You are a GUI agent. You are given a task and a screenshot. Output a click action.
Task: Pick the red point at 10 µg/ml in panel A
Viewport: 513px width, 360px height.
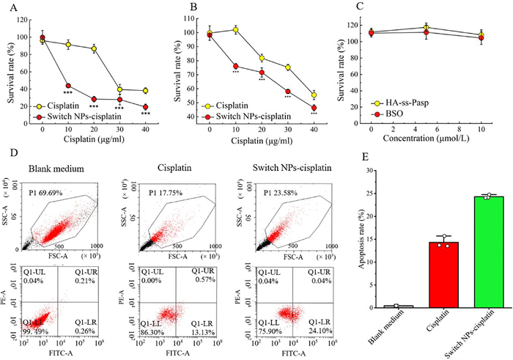[68, 86]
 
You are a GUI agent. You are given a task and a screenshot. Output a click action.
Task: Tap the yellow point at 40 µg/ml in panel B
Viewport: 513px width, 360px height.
[314, 95]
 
